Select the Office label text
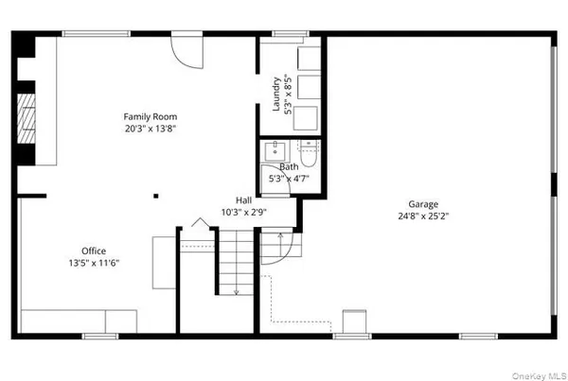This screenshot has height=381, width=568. (94, 251)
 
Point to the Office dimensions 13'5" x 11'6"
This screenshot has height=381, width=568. (94, 263)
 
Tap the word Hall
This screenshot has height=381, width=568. (243, 199)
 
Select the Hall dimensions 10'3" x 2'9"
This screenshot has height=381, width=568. (243, 212)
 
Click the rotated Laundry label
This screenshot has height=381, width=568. (276, 95)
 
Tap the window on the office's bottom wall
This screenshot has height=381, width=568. (99, 336)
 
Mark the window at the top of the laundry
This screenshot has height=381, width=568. (284, 34)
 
